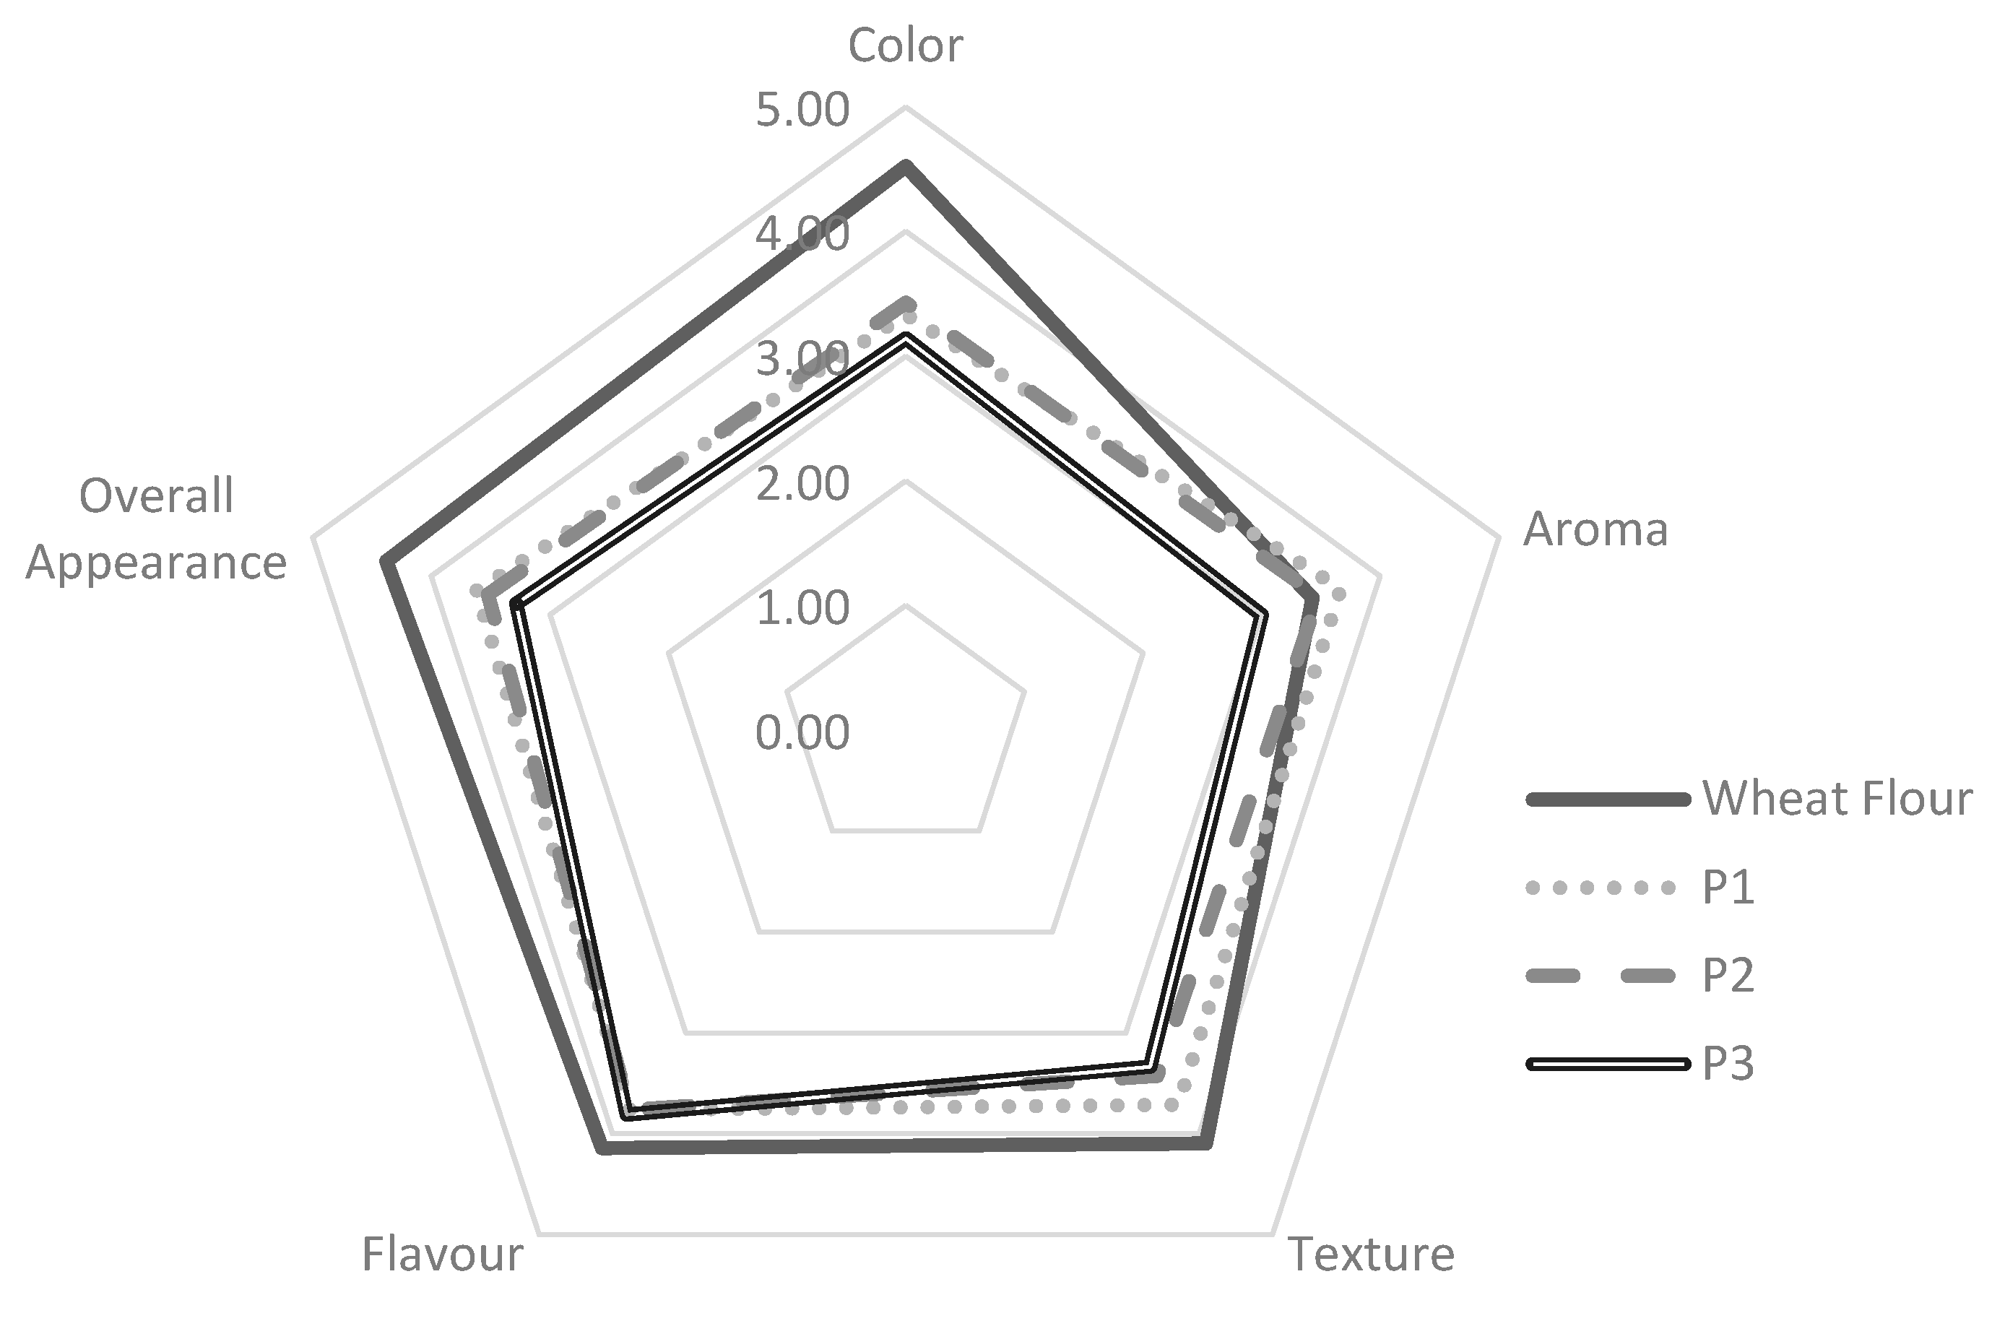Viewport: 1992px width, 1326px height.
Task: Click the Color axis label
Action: tap(905, 45)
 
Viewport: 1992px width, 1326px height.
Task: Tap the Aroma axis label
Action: tap(1595, 530)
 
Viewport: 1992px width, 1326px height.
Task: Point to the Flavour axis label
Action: tap(442, 1254)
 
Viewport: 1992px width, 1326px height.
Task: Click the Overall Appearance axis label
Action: tap(157, 529)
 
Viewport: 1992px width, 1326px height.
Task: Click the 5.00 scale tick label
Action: tap(802, 110)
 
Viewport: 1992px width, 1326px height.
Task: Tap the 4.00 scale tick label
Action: tap(802, 234)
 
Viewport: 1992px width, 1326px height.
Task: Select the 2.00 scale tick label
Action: tap(802, 484)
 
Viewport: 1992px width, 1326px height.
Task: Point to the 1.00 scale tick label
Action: tap(802, 607)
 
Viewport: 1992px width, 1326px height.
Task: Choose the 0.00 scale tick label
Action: tap(802, 732)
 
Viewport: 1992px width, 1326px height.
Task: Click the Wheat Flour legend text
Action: tap(1837, 797)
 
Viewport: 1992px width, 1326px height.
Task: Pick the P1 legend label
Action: tap(1728, 888)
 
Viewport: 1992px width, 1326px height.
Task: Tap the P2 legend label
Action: tap(1728, 975)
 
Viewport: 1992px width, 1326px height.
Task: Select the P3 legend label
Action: tap(1728, 1064)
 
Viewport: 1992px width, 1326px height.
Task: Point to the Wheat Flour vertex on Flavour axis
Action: tap(602, 1148)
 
